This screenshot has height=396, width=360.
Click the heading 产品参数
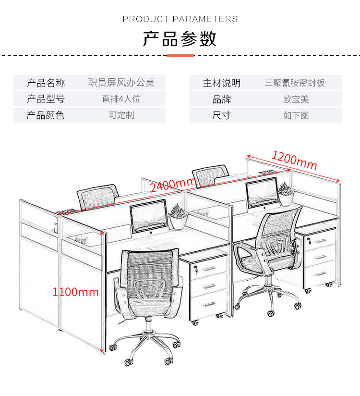180,39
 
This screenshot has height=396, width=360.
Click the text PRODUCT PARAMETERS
180,19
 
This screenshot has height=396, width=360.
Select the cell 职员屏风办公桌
121,83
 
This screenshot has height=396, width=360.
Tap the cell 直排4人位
121,99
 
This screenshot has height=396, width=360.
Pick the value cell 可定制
121,115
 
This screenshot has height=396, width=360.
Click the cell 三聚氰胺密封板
295,83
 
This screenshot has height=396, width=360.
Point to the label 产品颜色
46,115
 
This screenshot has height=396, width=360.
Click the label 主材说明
221,83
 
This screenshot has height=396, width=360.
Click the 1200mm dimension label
294,161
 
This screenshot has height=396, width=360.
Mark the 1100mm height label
75,292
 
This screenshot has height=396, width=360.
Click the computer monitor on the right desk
262,193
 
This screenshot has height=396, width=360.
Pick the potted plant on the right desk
286,194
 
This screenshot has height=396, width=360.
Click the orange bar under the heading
180,56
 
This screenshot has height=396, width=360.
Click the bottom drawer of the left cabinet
209,304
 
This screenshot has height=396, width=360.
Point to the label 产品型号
46,99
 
